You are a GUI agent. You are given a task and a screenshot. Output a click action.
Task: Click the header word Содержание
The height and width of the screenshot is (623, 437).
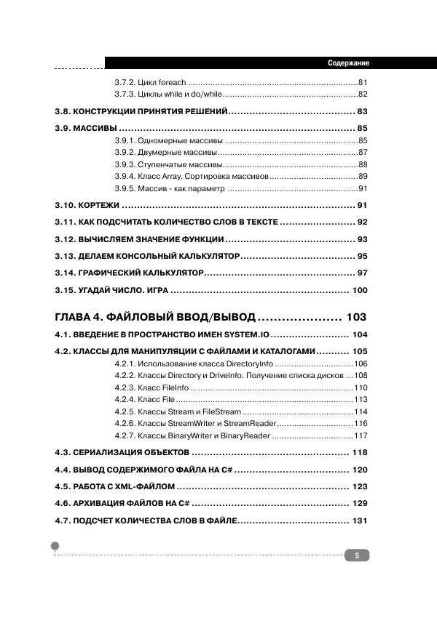[349, 63]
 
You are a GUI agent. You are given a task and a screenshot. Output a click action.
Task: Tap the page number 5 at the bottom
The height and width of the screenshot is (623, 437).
[357, 556]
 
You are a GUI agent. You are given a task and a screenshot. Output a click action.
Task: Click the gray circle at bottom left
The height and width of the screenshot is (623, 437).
[55, 545]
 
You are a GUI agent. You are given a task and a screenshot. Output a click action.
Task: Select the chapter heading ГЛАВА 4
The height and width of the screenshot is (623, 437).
[79, 317]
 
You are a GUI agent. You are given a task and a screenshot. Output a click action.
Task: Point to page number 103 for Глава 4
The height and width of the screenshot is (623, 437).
[357, 317]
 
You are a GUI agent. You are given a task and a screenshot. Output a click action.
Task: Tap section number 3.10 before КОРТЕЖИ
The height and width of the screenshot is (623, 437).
[66, 206]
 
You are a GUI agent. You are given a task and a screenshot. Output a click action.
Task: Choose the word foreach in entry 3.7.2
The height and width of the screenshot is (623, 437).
[172, 83]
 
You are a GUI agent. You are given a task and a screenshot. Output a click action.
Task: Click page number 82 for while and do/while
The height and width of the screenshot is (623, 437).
[363, 95]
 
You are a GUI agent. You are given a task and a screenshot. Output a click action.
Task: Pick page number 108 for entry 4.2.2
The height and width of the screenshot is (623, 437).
[361, 375]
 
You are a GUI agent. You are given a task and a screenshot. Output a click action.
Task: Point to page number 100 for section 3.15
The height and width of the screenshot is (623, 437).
[360, 290]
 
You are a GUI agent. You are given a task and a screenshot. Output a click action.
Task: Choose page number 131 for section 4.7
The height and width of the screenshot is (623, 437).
[360, 520]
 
